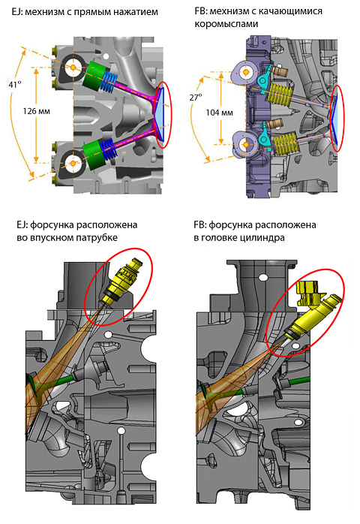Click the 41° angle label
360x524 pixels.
[15, 85]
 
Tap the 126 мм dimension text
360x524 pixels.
[37, 111]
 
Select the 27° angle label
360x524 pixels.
[196, 98]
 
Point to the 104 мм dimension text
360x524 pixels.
[219, 113]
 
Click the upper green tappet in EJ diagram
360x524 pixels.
[94, 77]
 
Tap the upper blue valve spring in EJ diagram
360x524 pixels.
[111, 80]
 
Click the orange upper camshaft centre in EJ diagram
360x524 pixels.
[73, 68]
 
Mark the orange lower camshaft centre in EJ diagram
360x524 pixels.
[73, 163]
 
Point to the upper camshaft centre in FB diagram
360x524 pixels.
[246, 72]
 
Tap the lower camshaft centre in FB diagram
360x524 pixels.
[246, 145]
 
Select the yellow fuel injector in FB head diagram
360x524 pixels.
[312, 310]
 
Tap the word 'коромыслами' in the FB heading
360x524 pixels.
[226, 25]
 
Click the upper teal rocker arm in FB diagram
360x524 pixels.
[265, 77]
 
